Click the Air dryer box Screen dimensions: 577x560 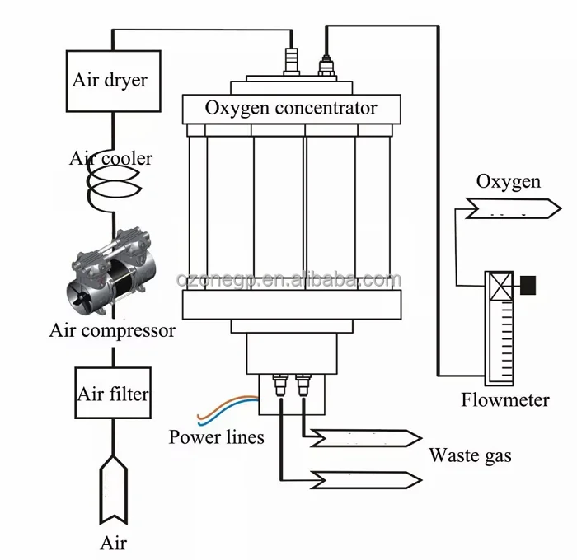pos(114,81)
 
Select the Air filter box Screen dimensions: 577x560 pos(113,393)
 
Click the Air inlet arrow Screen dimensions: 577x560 pos(114,490)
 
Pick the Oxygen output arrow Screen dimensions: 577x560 pos(514,208)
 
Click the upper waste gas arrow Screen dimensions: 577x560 pos(366,438)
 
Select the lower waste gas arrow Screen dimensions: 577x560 pos(366,480)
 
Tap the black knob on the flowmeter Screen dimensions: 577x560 pos(528,285)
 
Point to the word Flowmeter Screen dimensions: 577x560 pos(505,399)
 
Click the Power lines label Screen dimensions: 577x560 pos(216,436)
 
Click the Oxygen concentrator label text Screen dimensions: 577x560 pos(291,109)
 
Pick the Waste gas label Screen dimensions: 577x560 pos(471,456)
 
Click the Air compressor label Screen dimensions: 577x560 pos(112,330)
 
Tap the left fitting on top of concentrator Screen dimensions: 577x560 pos(292,61)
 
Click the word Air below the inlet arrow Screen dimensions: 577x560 pos(114,543)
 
